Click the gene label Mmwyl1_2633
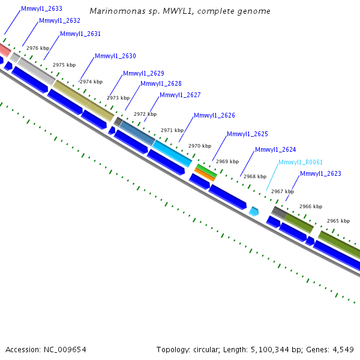pyautogui.click(x=41, y=9)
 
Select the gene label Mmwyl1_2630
pyautogui.click(x=115, y=56)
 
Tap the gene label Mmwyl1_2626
pyautogui.click(x=214, y=115)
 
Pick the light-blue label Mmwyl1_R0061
pyautogui.click(x=301, y=162)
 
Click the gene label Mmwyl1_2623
pyautogui.click(x=320, y=174)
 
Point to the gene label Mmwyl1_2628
pyautogui.click(x=161, y=84)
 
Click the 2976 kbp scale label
pyautogui.click(x=38, y=48)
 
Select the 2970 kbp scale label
pyautogui.click(x=200, y=146)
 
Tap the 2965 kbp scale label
pyautogui.click(x=338, y=221)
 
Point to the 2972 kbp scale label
pyautogui.click(x=145, y=114)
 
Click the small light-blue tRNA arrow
pyautogui.click(x=254, y=211)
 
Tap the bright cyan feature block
pyautogui.click(x=172, y=154)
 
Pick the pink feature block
pyautogui.click(x=4, y=49)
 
